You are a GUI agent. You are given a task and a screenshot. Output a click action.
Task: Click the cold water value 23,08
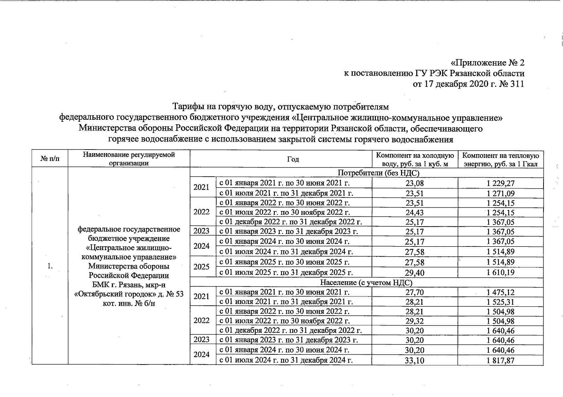point(415,183)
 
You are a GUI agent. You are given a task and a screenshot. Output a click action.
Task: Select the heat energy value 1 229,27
point(500,183)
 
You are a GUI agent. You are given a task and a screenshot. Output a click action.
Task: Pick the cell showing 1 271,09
point(500,194)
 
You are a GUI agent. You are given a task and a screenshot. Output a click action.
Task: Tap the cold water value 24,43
point(415,213)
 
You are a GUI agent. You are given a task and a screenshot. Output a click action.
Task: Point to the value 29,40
point(415,273)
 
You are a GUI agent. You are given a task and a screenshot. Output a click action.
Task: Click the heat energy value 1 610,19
point(500,273)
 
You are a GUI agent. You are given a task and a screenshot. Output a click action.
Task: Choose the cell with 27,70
point(415,292)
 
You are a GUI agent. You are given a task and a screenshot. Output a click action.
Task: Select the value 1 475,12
point(500,292)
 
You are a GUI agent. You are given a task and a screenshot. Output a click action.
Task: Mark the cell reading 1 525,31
point(500,302)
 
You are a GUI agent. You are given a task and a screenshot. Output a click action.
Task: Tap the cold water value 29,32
point(415,321)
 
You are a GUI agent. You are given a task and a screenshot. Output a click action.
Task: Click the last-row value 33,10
point(415,360)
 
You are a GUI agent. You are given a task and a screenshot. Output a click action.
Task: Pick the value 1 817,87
point(500,360)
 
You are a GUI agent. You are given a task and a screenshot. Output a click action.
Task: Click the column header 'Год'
point(293,159)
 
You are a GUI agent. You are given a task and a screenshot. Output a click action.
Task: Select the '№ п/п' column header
point(50,159)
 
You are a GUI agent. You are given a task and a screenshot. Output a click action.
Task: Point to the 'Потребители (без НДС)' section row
point(378,173)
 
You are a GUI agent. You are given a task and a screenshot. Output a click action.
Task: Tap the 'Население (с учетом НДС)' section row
point(366,283)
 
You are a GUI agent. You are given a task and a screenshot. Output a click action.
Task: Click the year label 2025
point(201,267)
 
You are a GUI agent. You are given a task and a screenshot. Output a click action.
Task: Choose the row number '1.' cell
point(50,266)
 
